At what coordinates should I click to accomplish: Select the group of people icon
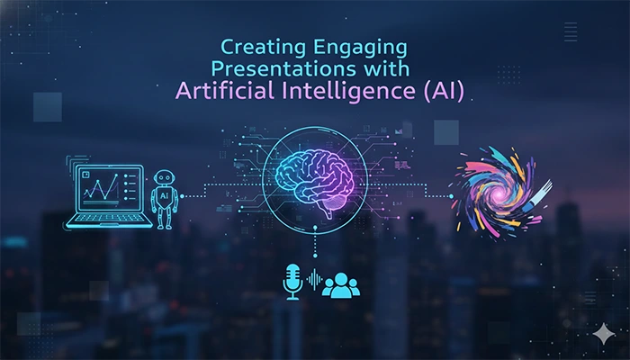(341, 284)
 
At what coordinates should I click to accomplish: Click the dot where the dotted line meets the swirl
(452, 195)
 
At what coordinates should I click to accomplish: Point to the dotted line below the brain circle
(314, 247)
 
